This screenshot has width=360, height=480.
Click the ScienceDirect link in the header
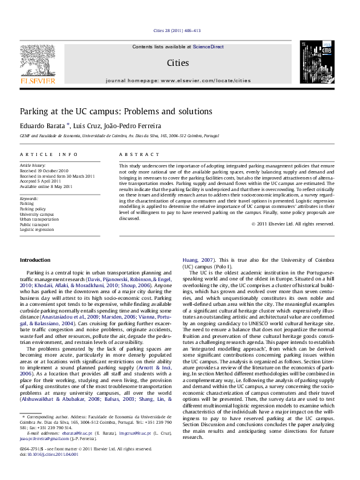click(208, 47)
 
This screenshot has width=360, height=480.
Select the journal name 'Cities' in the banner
click(178, 63)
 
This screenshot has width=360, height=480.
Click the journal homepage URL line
click(178, 80)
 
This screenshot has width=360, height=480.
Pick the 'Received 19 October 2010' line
click(44, 171)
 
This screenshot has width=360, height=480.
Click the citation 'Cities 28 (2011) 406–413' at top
click(177, 30)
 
